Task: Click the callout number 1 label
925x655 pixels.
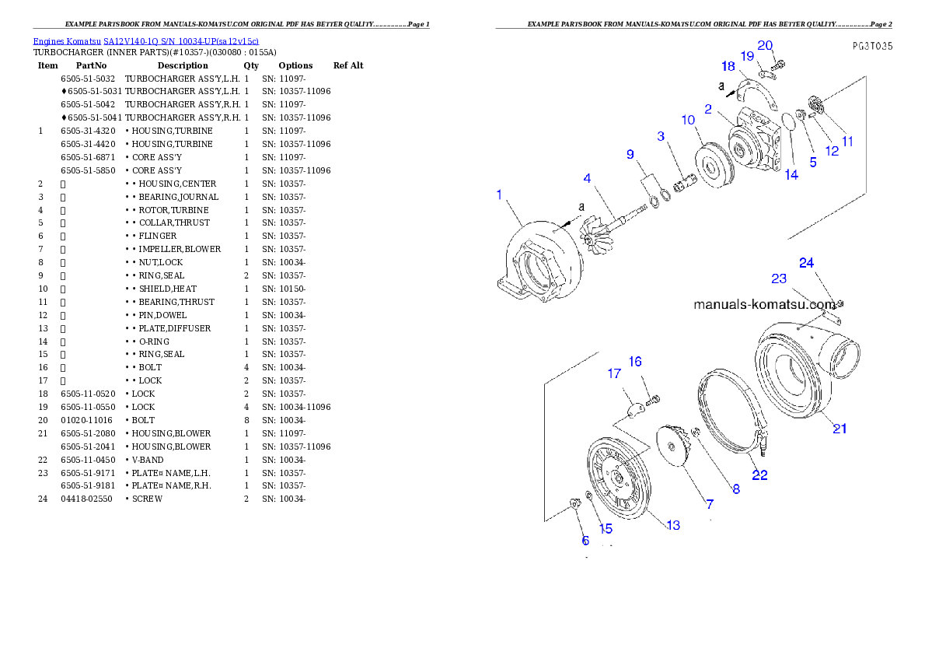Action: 499,194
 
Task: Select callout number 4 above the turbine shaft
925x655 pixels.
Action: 588,179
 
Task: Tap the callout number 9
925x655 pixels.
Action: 630,155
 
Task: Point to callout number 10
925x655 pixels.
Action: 688,120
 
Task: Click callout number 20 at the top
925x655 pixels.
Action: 765,46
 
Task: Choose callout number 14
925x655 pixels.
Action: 791,175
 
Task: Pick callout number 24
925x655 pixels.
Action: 806,263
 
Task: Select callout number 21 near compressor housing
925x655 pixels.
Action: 839,428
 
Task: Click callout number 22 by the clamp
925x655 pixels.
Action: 759,475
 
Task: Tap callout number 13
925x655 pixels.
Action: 673,525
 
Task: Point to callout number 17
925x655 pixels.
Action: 614,374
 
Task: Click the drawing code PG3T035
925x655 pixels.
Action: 871,46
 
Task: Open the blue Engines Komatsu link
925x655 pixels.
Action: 145,40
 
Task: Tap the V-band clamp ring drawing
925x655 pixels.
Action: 731,412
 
